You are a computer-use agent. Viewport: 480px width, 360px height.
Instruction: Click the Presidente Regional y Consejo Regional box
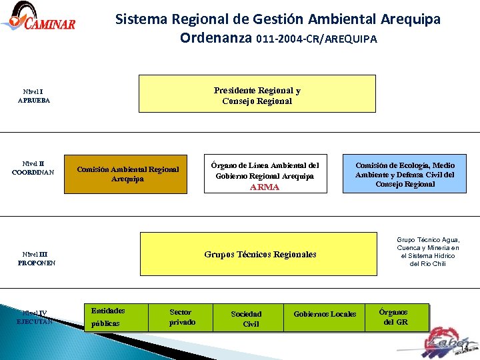pos(257,94)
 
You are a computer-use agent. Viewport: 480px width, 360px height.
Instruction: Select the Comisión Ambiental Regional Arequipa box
pos(127,174)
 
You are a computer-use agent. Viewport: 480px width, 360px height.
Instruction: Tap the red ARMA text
pos(265,187)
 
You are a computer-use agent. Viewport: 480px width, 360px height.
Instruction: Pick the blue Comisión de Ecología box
pos(405,174)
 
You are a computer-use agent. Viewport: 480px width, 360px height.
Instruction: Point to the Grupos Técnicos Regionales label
pos(260,254)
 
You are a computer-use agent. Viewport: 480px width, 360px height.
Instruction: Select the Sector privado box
pos(182,317)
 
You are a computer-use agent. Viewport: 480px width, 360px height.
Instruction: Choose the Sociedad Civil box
pos(246,319)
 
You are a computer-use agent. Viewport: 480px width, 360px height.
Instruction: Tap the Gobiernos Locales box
pos(325,314)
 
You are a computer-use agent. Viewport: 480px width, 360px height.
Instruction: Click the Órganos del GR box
pos(394,317)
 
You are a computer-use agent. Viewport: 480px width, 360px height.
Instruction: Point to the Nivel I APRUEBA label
pos(33,96)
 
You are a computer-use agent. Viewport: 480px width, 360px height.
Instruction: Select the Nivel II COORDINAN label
pos(33,168)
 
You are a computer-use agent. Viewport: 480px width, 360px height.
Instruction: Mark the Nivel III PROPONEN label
pos(37,258)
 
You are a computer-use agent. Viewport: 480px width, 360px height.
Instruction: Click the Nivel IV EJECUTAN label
pos(35,317)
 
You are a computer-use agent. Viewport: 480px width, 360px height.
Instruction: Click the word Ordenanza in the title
pos(215,38)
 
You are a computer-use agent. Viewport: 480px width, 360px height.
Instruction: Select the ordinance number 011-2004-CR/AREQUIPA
pos(316,39)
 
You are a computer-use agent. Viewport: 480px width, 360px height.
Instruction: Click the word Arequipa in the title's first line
pos(409,19)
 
